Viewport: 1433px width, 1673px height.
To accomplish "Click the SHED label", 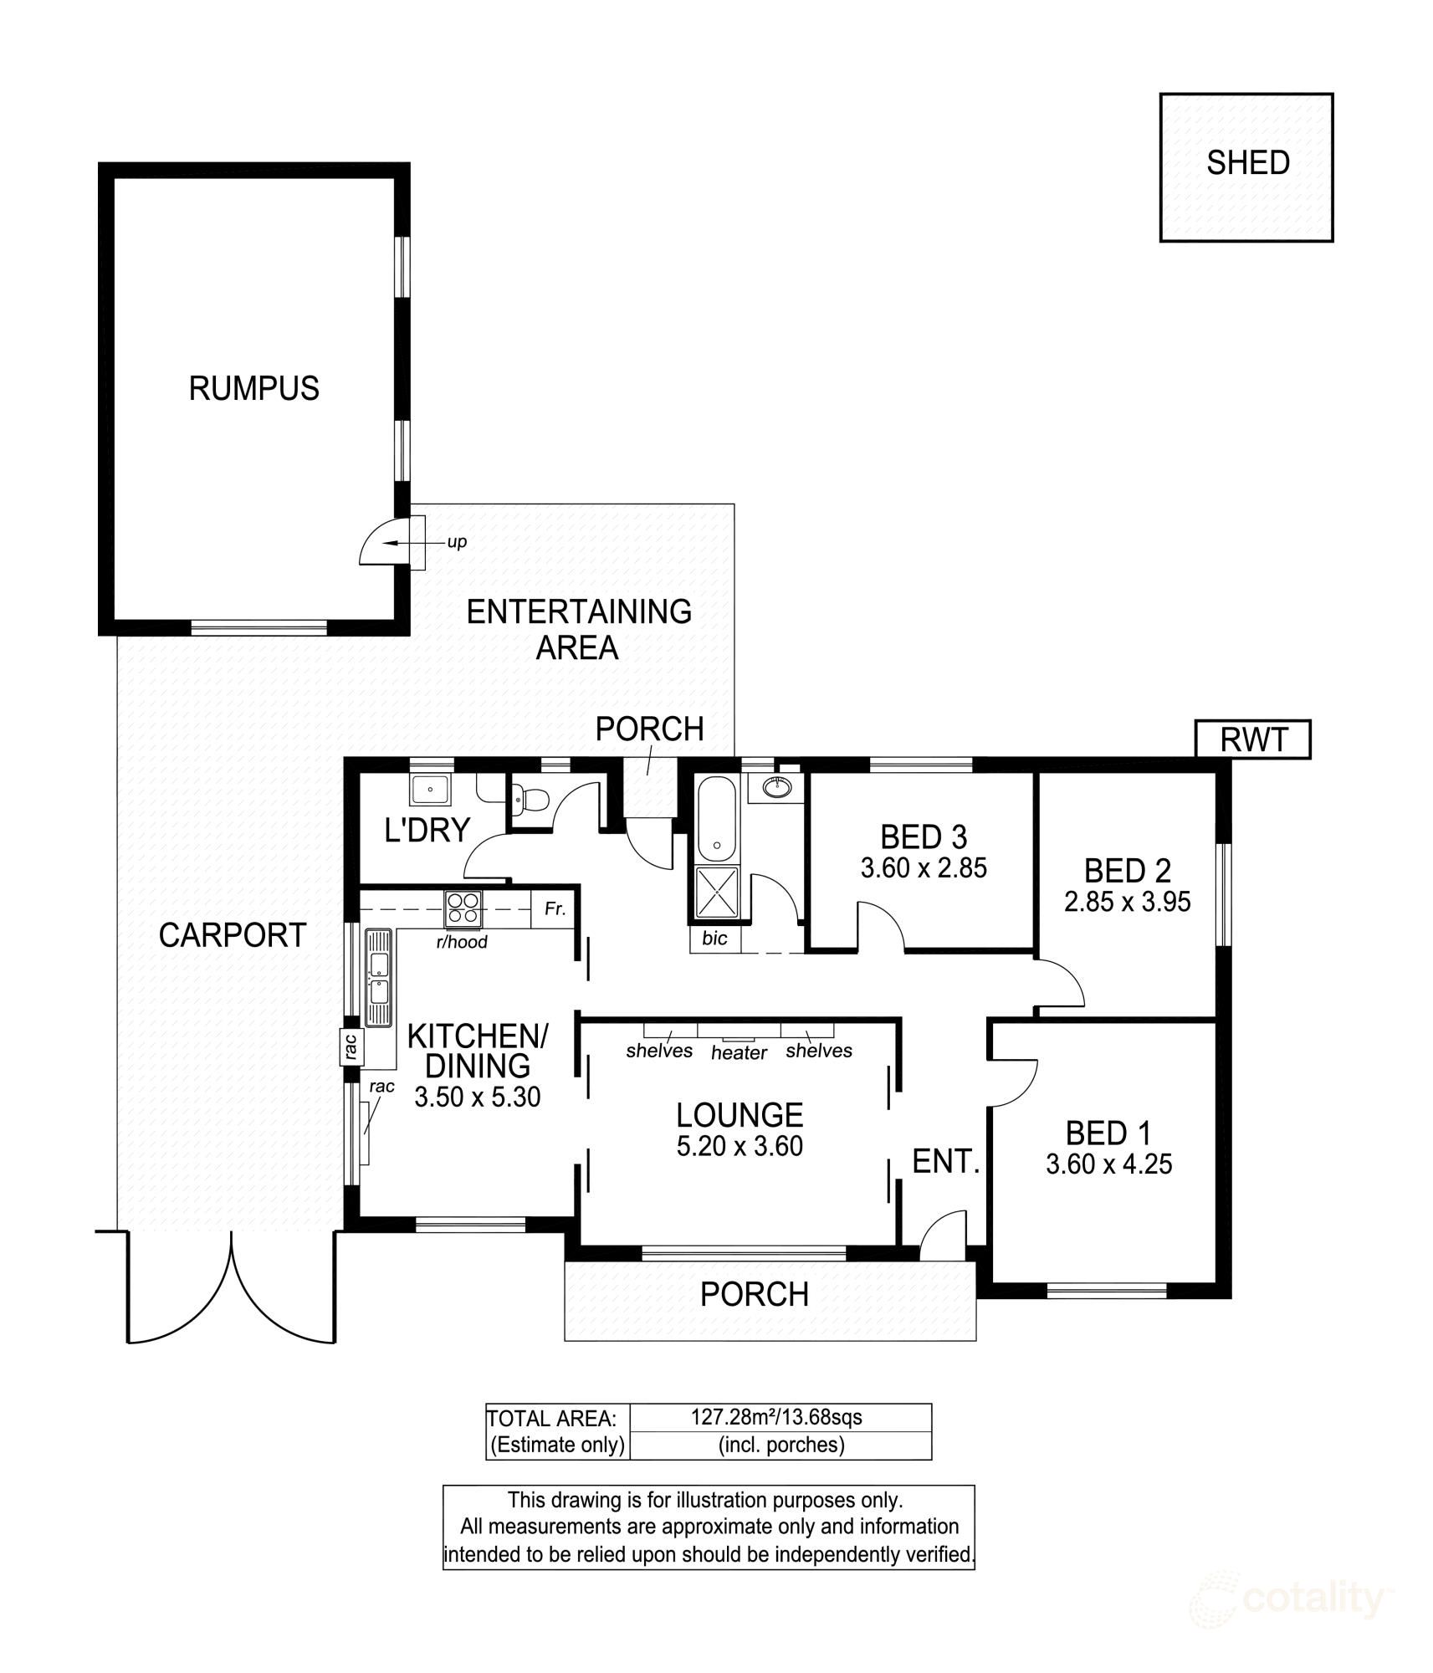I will pyautogui.click(x=1246, y=163).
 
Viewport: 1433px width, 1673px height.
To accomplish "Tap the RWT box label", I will pyautogui.click(x=1252, y=740).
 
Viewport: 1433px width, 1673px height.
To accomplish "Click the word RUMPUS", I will pyautogui.click(x=253, y=389).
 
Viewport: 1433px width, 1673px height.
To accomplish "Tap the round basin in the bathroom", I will pyautogui.click(x=778, y=786).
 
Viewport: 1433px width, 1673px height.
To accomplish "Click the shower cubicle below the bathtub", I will pyautogui.click(x=717, y=893).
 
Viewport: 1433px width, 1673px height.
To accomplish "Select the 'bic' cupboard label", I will pyautogui.click(x=714, y=939).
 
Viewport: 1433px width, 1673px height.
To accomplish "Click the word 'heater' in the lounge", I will pyautogui.click(x=739, y=1053).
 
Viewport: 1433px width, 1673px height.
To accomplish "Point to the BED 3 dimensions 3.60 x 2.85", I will pyautogui.click(x=924, y=867).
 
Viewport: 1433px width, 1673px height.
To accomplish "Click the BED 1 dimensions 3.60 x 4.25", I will pyautogui.click(x=1108, y=1164).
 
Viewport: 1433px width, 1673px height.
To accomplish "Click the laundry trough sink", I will pyautogui.click(x=430, y=788).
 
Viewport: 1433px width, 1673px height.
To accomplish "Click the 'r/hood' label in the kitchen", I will pyautogui.click(x=462, y=943).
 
